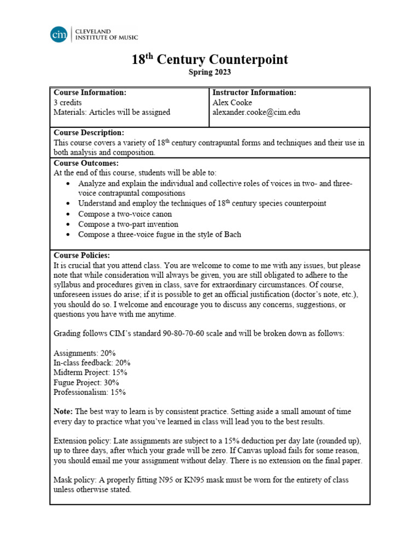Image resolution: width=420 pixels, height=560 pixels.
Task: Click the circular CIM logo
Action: (x=59, y=34)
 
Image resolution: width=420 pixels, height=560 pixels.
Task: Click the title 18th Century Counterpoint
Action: (x=209, y=60)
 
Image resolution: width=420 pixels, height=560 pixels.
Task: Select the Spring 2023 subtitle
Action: (x=209, y=72)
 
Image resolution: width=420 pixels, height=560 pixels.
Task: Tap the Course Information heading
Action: (x=90, y=92)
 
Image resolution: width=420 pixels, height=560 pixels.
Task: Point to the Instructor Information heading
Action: (x=254, y=92)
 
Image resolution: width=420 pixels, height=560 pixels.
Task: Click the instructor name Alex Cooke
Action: (x=232, y=102)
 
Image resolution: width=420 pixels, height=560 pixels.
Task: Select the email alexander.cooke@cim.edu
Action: (x=256, y=112)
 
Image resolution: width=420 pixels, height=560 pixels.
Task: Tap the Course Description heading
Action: (x=89, y=132)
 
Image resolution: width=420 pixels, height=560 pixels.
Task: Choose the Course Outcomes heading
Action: (x=86, y=163)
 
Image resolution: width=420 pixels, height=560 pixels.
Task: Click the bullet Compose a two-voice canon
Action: (x=125, y=214)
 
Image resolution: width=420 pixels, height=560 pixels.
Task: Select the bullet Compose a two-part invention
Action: (x=128, y=224)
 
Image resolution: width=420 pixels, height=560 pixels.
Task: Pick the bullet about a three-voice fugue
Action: (x=159, y=235)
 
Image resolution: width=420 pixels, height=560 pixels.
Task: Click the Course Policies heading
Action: (x=81, y=255)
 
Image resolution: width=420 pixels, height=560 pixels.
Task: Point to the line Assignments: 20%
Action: (x=84, y=353)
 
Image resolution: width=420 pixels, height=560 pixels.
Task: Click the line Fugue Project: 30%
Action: (x=86, y=382)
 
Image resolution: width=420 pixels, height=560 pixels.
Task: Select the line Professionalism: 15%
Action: (x=90, y=392)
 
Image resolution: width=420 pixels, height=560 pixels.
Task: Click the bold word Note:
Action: (x=63, y=411)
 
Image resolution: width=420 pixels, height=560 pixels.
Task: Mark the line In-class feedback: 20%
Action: (x=92, y=363)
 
